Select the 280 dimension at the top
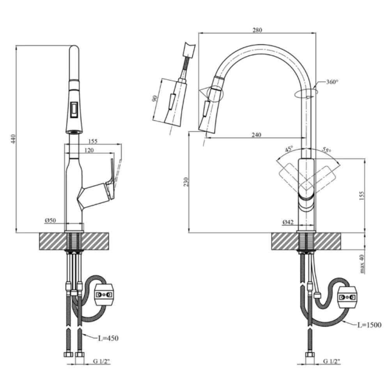point(257,30)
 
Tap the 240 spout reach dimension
point(257,135)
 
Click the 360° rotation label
point(332,82)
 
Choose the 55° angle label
point(326,150)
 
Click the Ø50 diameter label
point(50,220)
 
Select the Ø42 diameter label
point(288,222)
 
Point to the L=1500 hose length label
point(369,325)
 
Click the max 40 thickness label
point(362,264)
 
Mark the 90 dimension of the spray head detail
point(155,99)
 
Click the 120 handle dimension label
point(89,150)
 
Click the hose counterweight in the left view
point(104,295)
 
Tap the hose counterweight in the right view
point(347,298)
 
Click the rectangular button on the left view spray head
point(74,110)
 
